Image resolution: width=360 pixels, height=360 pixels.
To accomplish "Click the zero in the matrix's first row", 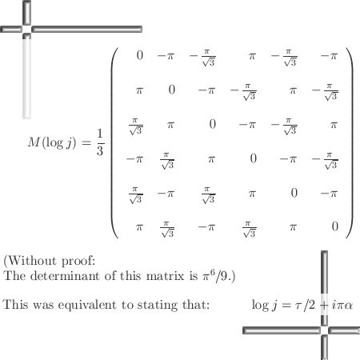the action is [140, 55].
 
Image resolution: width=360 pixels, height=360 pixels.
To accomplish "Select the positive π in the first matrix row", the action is [252, 56].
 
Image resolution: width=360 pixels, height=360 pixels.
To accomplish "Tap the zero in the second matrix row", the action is [172, 90].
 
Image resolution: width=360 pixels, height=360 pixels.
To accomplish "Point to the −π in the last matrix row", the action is [206, 227].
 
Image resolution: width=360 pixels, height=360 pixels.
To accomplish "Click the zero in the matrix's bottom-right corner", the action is [335, 226].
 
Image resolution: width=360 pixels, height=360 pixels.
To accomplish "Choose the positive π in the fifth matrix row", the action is [252, 194].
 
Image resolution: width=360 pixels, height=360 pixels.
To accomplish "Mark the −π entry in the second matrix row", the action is [206, 90].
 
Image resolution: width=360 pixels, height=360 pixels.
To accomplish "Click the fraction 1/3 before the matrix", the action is [100, 142].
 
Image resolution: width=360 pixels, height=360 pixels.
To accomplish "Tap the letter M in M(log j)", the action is [34, 142].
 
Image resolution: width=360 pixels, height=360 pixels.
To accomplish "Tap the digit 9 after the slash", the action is [225, 276].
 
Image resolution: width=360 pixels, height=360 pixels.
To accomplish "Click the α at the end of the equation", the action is [348, 306].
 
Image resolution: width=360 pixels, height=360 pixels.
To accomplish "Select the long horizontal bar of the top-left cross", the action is [86, 29].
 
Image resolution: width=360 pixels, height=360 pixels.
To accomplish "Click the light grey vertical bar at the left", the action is [26, 78].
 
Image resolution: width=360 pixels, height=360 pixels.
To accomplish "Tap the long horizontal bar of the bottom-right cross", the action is [282, 330].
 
